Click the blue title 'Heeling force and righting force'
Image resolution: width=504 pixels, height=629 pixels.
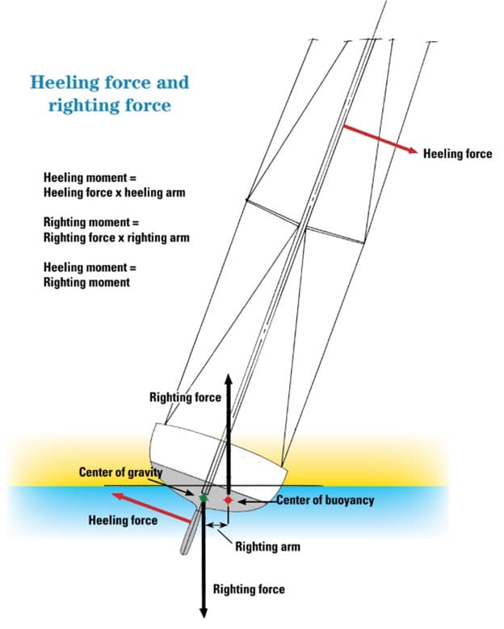(x=109, y=93)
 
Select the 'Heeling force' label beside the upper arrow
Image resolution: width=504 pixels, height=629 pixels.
(x=457, y=153)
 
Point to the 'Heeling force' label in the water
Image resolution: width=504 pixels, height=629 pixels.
(x=123, y=520)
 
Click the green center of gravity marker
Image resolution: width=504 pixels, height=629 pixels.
(x=204, y=499)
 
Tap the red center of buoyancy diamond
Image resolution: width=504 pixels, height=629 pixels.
(x=229, y=501)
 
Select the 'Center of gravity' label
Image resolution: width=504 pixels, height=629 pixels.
(x=120, y=472)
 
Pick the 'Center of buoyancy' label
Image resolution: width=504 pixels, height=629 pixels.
(x=325, y=501)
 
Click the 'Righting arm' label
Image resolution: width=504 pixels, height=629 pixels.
(x=267, y=547)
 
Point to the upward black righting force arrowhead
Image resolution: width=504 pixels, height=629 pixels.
(x=229, y=380)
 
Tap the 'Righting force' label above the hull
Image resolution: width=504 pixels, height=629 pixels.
(x=185, y=397)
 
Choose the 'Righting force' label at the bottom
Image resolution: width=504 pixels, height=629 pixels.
(x=249, y=589)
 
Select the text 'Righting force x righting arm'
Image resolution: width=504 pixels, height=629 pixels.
(x=116, y=237)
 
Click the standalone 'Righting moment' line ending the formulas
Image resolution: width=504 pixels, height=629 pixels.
(x=86, y=283)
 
